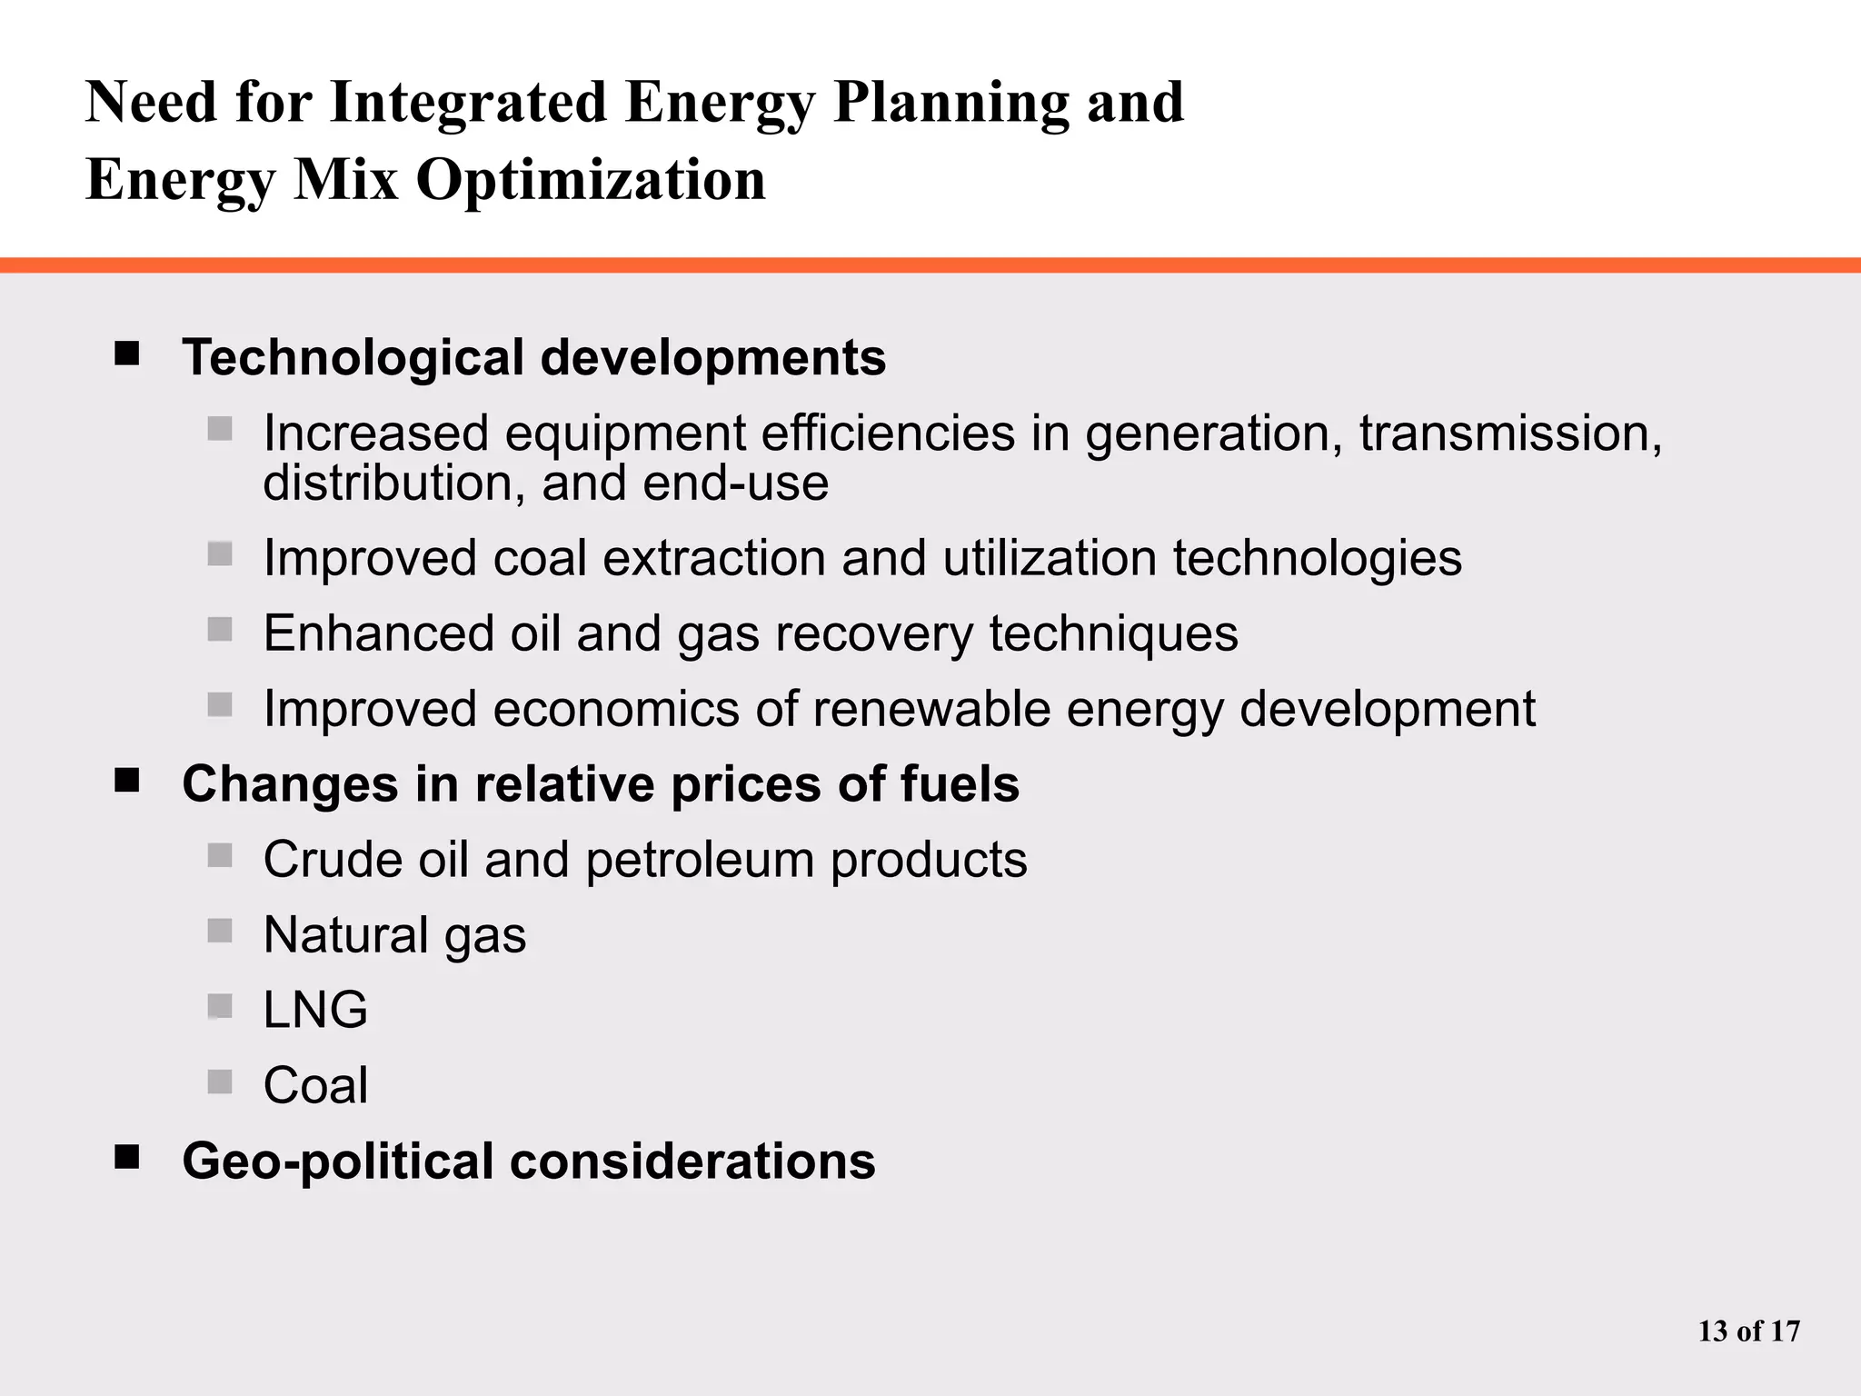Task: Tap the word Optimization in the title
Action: tap(591, 180)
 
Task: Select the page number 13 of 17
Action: tap(1748, 1331)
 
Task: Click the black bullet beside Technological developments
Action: tap(127, 354)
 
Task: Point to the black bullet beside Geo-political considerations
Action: tap(127, 1157)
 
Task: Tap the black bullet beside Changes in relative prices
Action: tap(127, 780)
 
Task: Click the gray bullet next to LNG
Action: tap(220, 1006)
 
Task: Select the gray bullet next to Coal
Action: tap(220, 1082)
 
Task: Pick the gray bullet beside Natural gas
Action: tap(220, 931)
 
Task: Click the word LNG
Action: tap(315, 1010)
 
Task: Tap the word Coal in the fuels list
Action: tap(315, 1085)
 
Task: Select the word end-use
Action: tap(735, 484)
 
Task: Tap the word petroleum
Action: tap(700, 860)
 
